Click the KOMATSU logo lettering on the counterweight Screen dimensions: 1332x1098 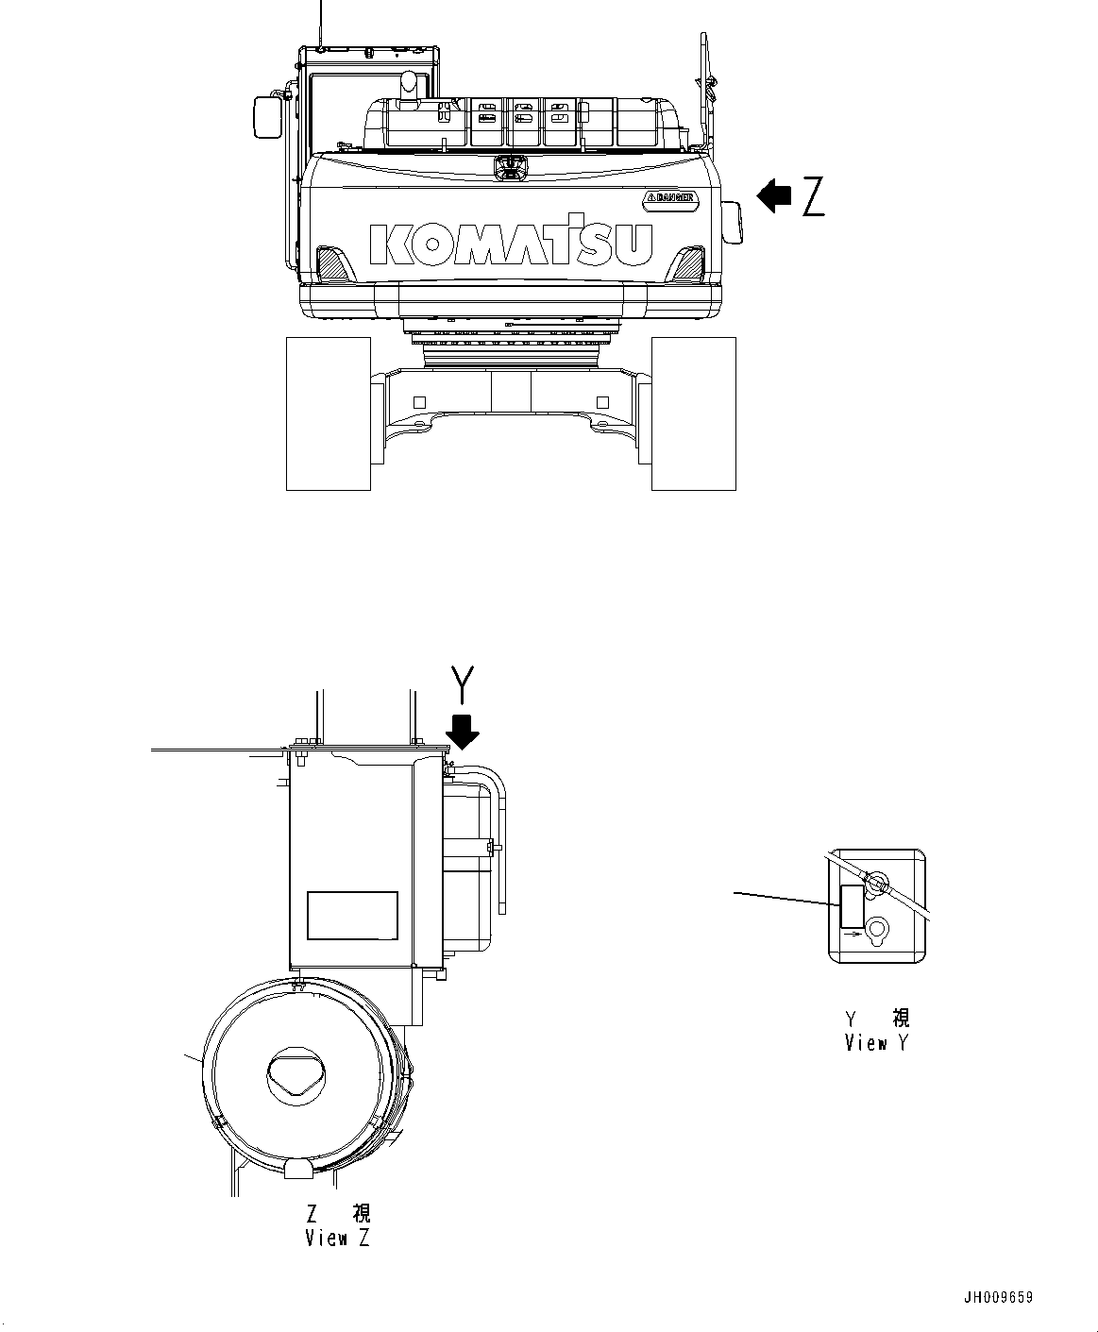point(511,244)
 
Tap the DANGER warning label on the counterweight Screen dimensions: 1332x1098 point(670,197)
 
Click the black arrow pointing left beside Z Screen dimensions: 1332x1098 point(774,196)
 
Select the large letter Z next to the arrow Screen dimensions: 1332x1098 point(813,196)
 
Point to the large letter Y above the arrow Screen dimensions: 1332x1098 point(462,684)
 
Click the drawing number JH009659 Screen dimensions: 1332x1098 point(997,1297)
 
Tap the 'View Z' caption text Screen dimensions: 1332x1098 point(337,1238)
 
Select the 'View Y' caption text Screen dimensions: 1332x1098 point(877,1042)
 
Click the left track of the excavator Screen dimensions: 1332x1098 point(328,413)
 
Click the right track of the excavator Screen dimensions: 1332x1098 point(693,413)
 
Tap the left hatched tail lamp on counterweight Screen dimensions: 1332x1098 point(331,262)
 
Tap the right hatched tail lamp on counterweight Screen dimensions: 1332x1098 point(688,262)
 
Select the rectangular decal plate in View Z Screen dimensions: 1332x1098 point(352,915)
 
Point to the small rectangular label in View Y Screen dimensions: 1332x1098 point(851,905)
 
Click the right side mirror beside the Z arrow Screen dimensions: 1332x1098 point(733,223)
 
